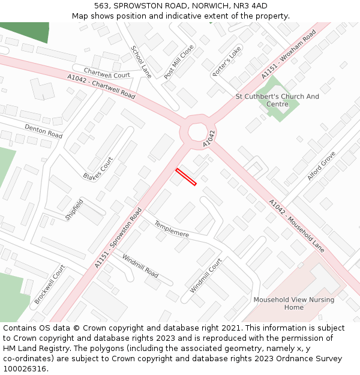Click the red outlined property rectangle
pos(186,177)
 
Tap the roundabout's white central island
pos(197,131)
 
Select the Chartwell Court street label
pos(107,74)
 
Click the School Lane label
pos(142,62)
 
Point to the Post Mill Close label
pos(179,62)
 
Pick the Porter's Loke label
pos(226,61)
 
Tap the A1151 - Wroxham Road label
pos(288,55)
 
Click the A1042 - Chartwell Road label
pos(101,86)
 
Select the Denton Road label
pos(43,131)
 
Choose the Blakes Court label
pos(98,168)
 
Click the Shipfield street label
pos(74,209)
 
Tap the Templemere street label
pos(172,229)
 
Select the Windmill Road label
pos(140,266)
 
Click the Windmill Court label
pos(206,275)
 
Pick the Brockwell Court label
pos(49,284)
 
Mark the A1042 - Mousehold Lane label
pos(296,225)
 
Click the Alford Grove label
pos(321,166)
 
